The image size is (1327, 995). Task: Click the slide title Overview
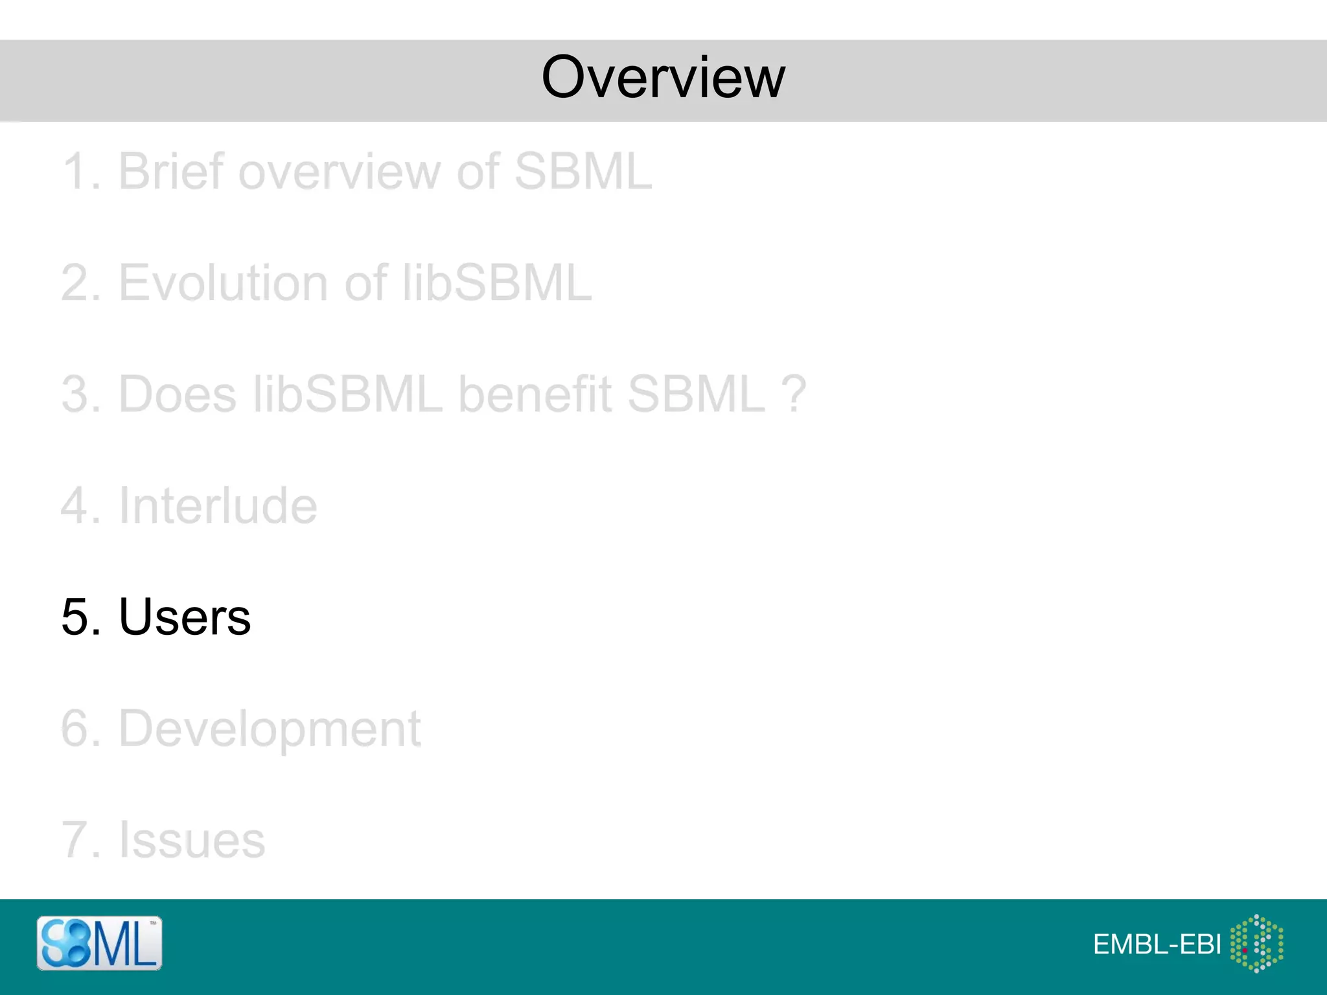click(663, 78)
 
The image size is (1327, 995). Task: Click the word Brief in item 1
click(170, 172)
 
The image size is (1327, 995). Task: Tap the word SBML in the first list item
click(583, 172)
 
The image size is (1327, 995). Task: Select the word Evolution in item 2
click(224, 283)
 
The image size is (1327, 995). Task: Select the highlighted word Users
click(185, 617)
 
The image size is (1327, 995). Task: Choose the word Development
click(270, 729)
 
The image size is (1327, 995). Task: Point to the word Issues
click(192, 840)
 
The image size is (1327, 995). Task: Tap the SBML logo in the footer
click(99, 943)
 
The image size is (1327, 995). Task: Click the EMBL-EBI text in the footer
click(1157, 944)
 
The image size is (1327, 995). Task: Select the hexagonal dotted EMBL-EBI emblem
click(1256, 943)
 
